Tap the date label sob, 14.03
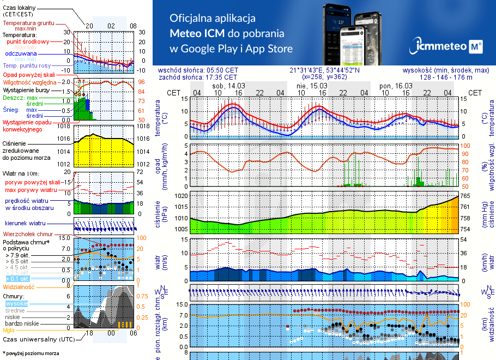point(228,86)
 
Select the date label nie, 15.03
point(312,86)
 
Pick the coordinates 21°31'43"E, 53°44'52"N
point(325,70)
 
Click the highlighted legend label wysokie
point(16,303)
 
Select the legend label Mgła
point(9,330)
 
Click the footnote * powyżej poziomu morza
point(31,353)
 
